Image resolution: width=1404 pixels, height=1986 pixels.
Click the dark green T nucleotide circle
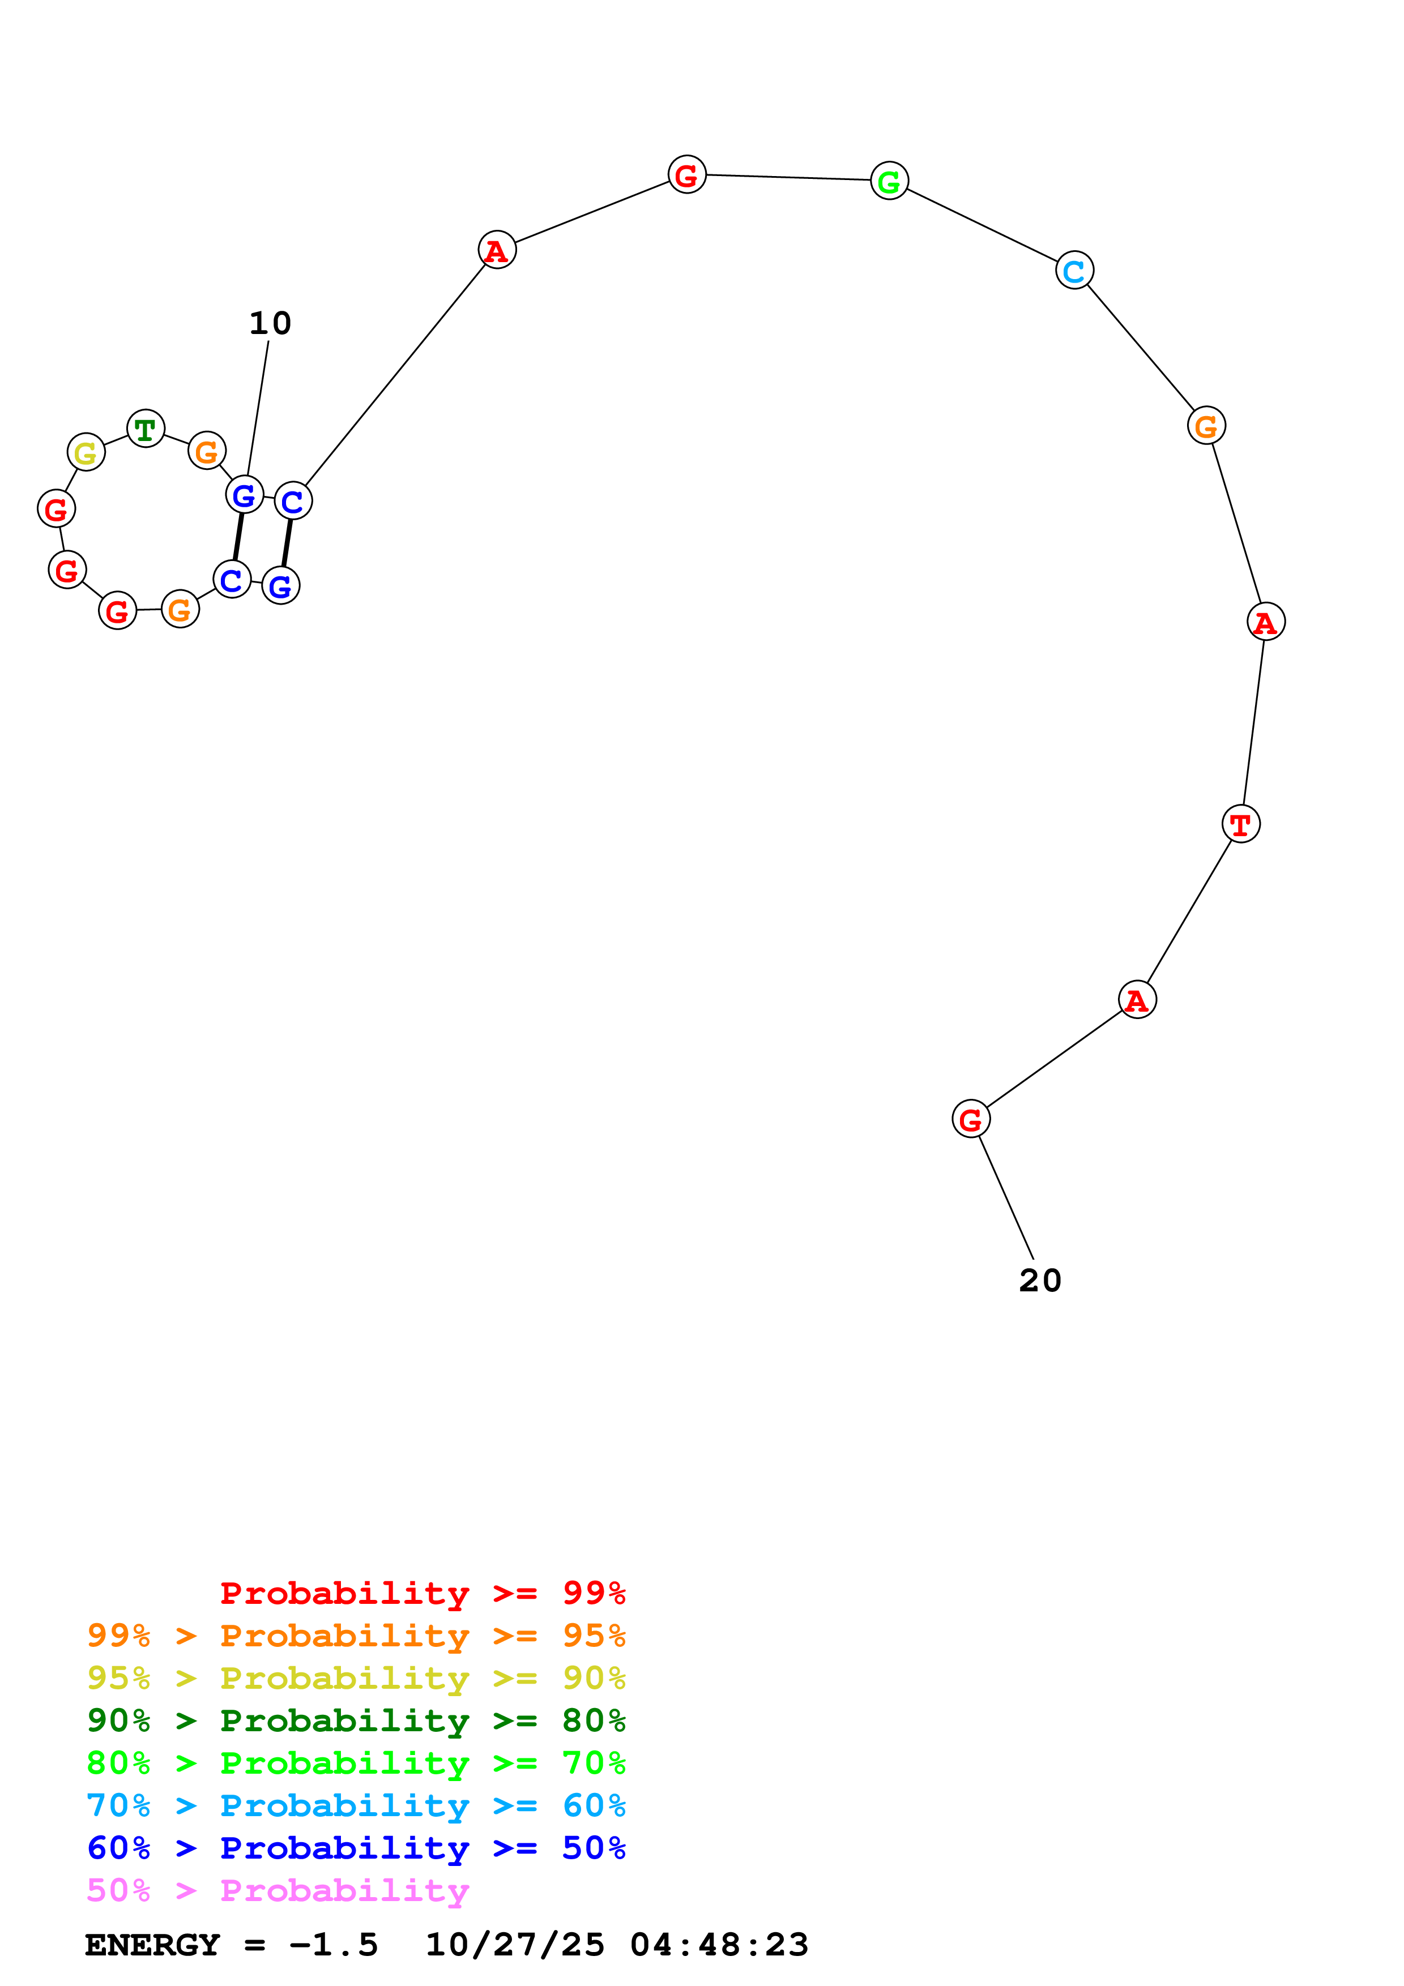click(146, 429)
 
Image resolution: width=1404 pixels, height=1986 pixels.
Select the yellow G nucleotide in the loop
click(86, 452)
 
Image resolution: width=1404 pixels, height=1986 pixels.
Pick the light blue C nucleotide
click(1074, 271)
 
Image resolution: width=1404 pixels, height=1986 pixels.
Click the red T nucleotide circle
click(1240, 824)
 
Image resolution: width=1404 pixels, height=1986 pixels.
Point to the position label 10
click(270, 323)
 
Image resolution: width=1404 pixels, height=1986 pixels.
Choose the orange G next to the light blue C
click(1205, 426)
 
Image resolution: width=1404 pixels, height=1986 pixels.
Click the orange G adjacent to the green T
click(207, 451)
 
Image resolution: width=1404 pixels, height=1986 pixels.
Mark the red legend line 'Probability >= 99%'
click(422, 1593)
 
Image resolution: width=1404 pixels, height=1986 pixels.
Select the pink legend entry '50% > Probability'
click(278, 1890)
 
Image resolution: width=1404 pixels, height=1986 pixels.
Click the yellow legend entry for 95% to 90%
click(356, 1678)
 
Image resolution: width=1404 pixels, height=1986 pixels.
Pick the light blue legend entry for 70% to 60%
click(356, 1805)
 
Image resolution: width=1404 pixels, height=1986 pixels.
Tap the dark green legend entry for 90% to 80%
click(356, 1720)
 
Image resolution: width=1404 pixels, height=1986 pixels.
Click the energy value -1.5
click(333, 1945)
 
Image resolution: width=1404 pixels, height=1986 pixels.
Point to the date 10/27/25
click(515, 1945)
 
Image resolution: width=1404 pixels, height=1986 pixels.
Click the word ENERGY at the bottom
click(152, 1945)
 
